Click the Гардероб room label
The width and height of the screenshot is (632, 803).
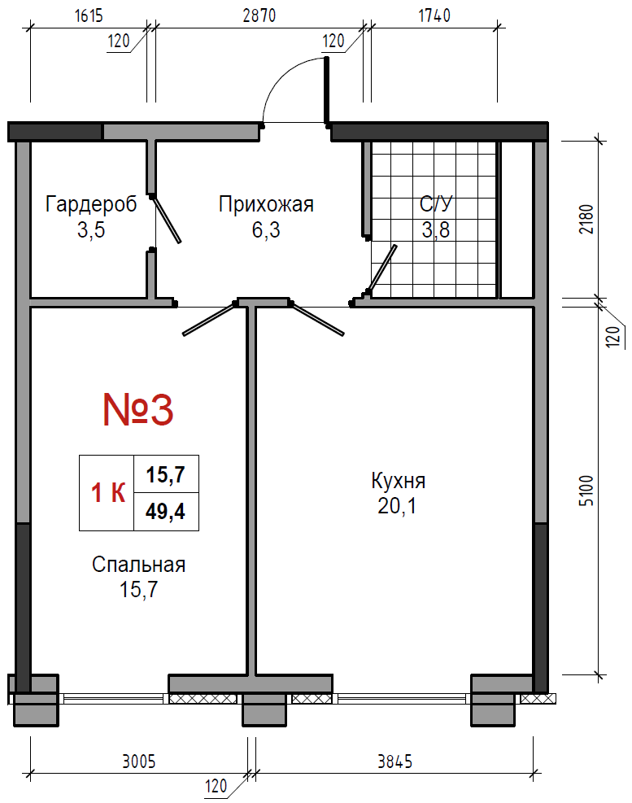tap(91, 204)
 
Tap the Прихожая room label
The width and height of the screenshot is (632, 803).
tap(266, 204)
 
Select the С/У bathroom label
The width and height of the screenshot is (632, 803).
tap(436, 204)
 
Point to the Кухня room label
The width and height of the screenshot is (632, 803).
tap(398, 482)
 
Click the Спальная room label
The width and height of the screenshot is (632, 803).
tap(138, 565)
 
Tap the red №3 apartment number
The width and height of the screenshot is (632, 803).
tap(138, 410)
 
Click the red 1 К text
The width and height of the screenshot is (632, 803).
tap(108, 493)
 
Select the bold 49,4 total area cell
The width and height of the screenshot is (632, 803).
tap(165, 511)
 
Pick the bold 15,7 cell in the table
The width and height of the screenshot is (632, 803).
tap(165, 475)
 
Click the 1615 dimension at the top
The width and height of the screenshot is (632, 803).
tap(89, 16)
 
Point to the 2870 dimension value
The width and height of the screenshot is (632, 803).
tap(259, 16)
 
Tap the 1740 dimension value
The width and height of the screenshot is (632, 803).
tap(434, 16)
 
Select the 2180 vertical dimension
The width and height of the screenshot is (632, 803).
tap(586, 219)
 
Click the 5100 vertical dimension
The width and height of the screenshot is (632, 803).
tap(586, 491)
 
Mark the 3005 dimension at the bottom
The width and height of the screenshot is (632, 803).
tap(138, 762)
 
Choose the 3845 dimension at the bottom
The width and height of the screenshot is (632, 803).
tap(394, 762)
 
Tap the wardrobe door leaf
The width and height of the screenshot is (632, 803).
tap(166, 219)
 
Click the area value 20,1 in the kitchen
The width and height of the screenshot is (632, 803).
tap(397, 506)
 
